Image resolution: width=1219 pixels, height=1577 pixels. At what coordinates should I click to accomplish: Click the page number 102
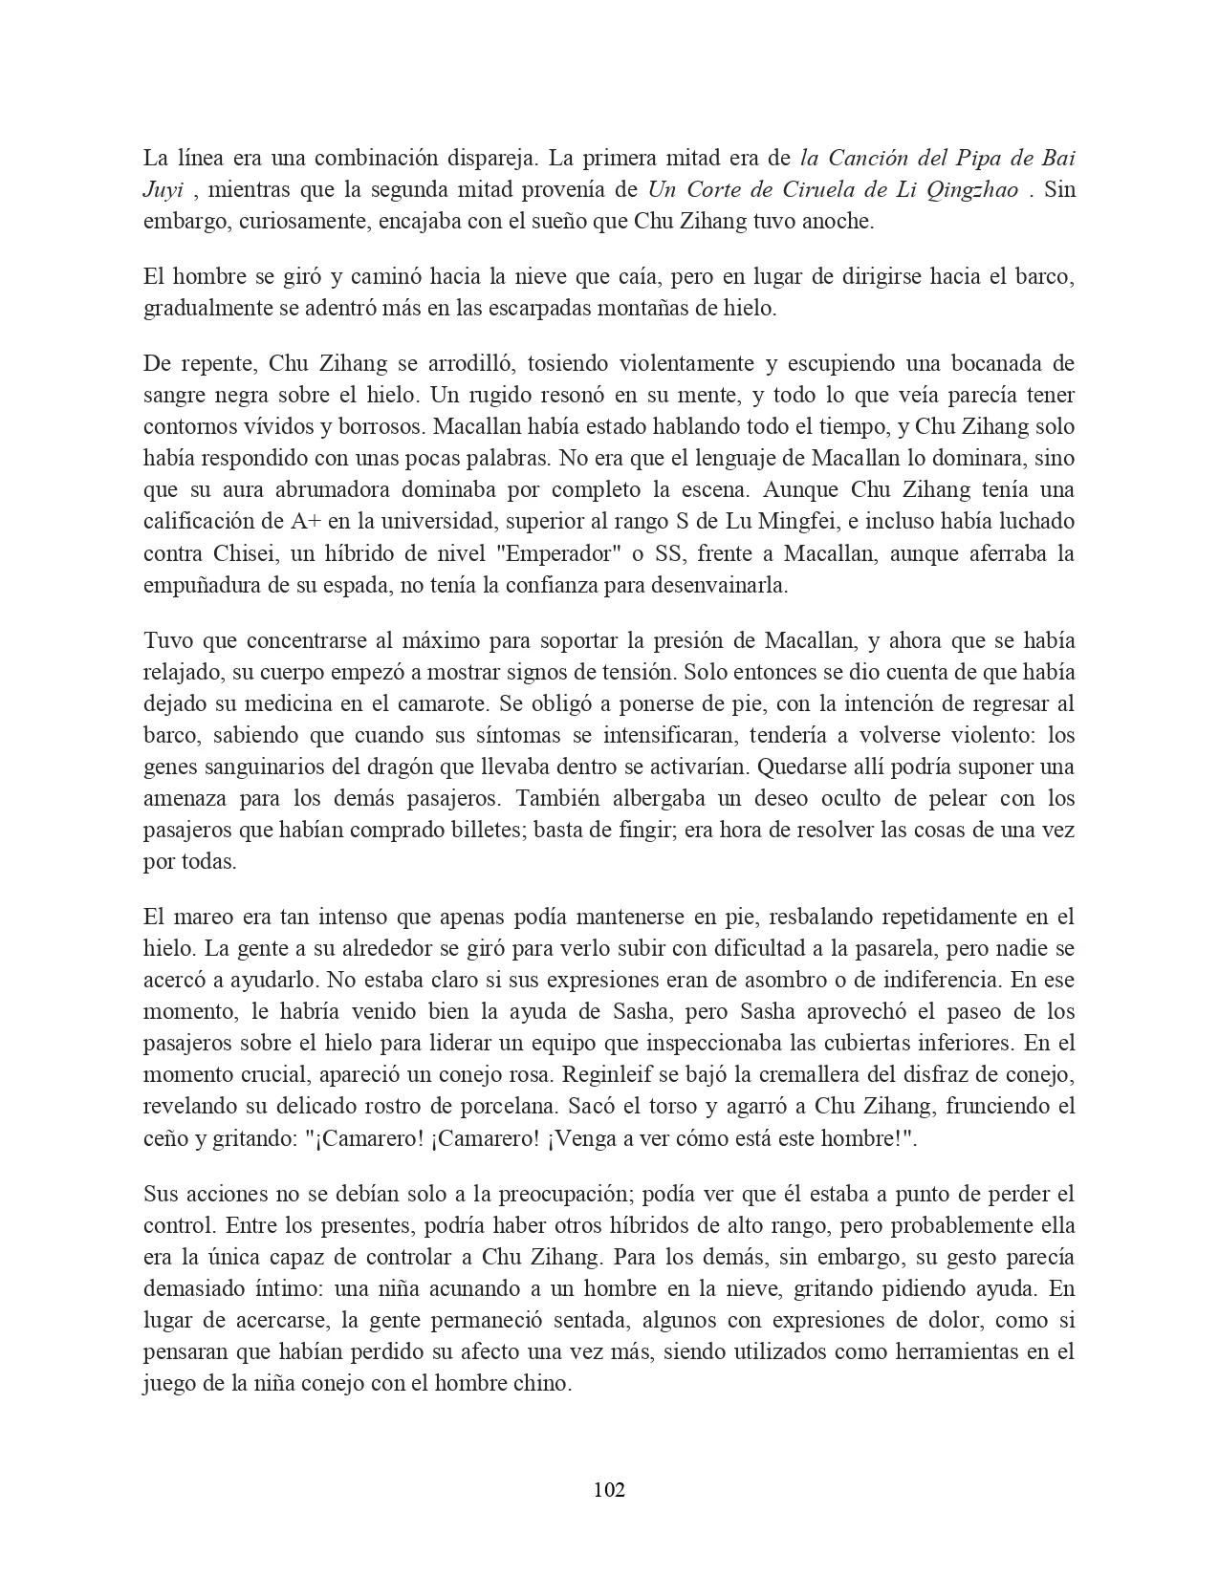tap(609, 1489)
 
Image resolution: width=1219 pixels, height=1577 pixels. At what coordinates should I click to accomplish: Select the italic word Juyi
tap(163, 189)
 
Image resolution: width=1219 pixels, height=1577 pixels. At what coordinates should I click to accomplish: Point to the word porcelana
tap(503, 1106)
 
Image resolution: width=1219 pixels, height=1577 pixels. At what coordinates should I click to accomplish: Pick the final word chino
tap(542, 1383)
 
